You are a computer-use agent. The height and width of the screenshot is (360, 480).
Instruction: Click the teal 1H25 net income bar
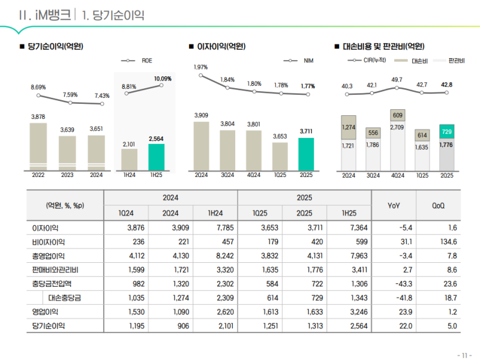click(x=156, y=157)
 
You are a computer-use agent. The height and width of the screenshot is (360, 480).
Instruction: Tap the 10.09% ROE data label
click(x=162, y=79)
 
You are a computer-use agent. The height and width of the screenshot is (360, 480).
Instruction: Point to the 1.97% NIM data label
click(x=201, y=67)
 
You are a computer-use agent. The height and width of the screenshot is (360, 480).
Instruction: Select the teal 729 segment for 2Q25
click(x=446, y=131)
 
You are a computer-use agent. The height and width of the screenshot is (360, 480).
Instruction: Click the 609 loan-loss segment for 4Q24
click(x=397, y=115)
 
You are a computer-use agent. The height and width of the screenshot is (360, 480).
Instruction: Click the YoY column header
click(x=394, y=205)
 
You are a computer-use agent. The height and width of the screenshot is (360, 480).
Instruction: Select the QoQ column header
click(x=439, y=205)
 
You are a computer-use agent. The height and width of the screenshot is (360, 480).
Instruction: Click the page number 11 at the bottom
click(x=463, y=354)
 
